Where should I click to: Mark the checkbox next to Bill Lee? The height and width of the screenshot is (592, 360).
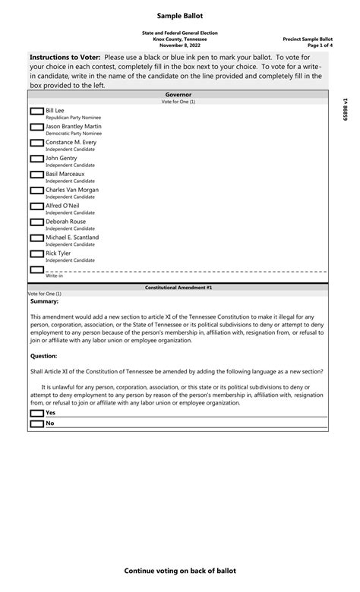coord(36,112)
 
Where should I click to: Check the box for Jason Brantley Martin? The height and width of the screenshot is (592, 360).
coord(36,128)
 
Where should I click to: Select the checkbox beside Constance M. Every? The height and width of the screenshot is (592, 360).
coord(36,143)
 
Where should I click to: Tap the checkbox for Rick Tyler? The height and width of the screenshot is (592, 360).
coord(36,254)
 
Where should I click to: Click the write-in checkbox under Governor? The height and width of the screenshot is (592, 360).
coord(36,269)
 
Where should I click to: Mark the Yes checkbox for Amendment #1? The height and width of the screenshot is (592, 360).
coord(36,414)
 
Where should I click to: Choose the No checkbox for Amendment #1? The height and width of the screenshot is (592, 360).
coord(36,424)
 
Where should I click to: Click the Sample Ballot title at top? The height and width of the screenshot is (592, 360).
coord(180,16)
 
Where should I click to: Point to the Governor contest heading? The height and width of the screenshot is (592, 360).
coord(178,95)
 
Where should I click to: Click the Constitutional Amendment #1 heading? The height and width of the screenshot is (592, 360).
coord(178,288)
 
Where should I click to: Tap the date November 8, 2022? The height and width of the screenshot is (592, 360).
coord(180,45)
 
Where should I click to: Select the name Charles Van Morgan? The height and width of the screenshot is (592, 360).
coord(72,190)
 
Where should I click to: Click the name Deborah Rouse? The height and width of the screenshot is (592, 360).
coord(66,222)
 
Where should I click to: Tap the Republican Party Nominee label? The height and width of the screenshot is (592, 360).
coord(73,118)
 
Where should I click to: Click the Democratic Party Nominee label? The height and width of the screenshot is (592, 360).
coord(74,134)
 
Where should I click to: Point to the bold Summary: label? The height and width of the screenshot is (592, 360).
coord(44,301)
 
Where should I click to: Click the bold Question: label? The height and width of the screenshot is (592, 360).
coord(44,355)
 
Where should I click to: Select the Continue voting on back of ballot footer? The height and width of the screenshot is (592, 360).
coord(180,571)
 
